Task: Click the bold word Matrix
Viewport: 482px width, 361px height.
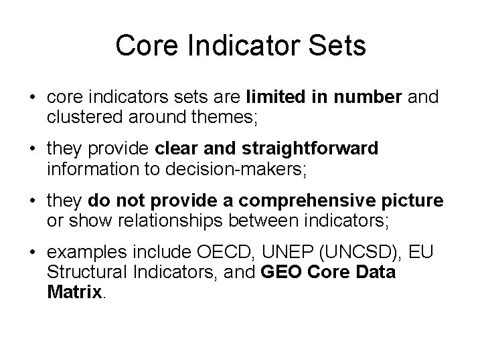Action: pos(74,291)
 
